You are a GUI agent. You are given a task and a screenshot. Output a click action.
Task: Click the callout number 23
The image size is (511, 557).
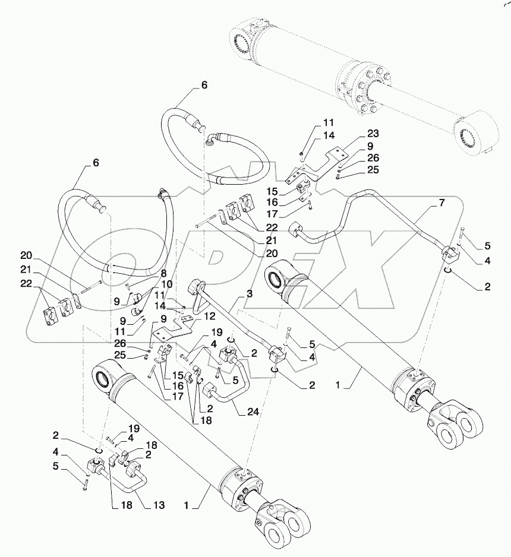coord(373,134)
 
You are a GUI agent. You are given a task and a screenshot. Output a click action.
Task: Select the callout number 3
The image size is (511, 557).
coord(250,293)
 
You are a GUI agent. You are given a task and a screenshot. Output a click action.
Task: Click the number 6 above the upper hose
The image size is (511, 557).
coord(204,85)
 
